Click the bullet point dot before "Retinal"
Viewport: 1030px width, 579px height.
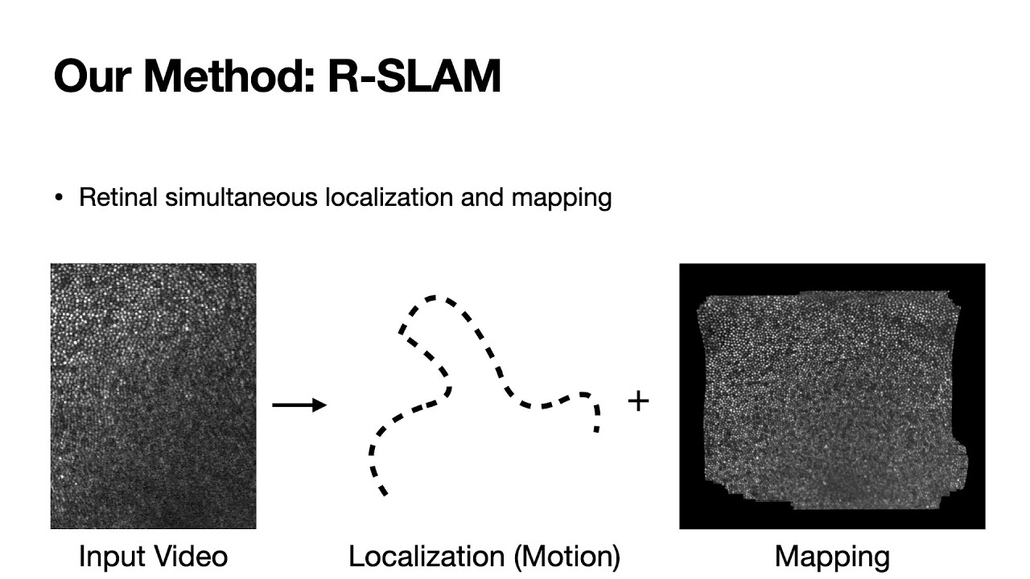tap(59, 198)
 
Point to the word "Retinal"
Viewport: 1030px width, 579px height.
tap(118, 197)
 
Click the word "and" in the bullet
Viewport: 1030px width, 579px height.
tap(483, 197)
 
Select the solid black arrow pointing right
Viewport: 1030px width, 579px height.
tap(299, 404)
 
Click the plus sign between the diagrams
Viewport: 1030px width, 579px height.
tap(637, 400)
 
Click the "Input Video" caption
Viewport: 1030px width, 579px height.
tap(153, 556)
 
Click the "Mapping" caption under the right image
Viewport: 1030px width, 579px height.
tap(832, 556)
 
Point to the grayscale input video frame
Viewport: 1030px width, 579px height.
tap(153, 396)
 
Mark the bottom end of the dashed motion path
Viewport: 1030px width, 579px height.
tap(384, 492)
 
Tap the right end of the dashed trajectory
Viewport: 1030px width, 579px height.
tap(596, 429)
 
